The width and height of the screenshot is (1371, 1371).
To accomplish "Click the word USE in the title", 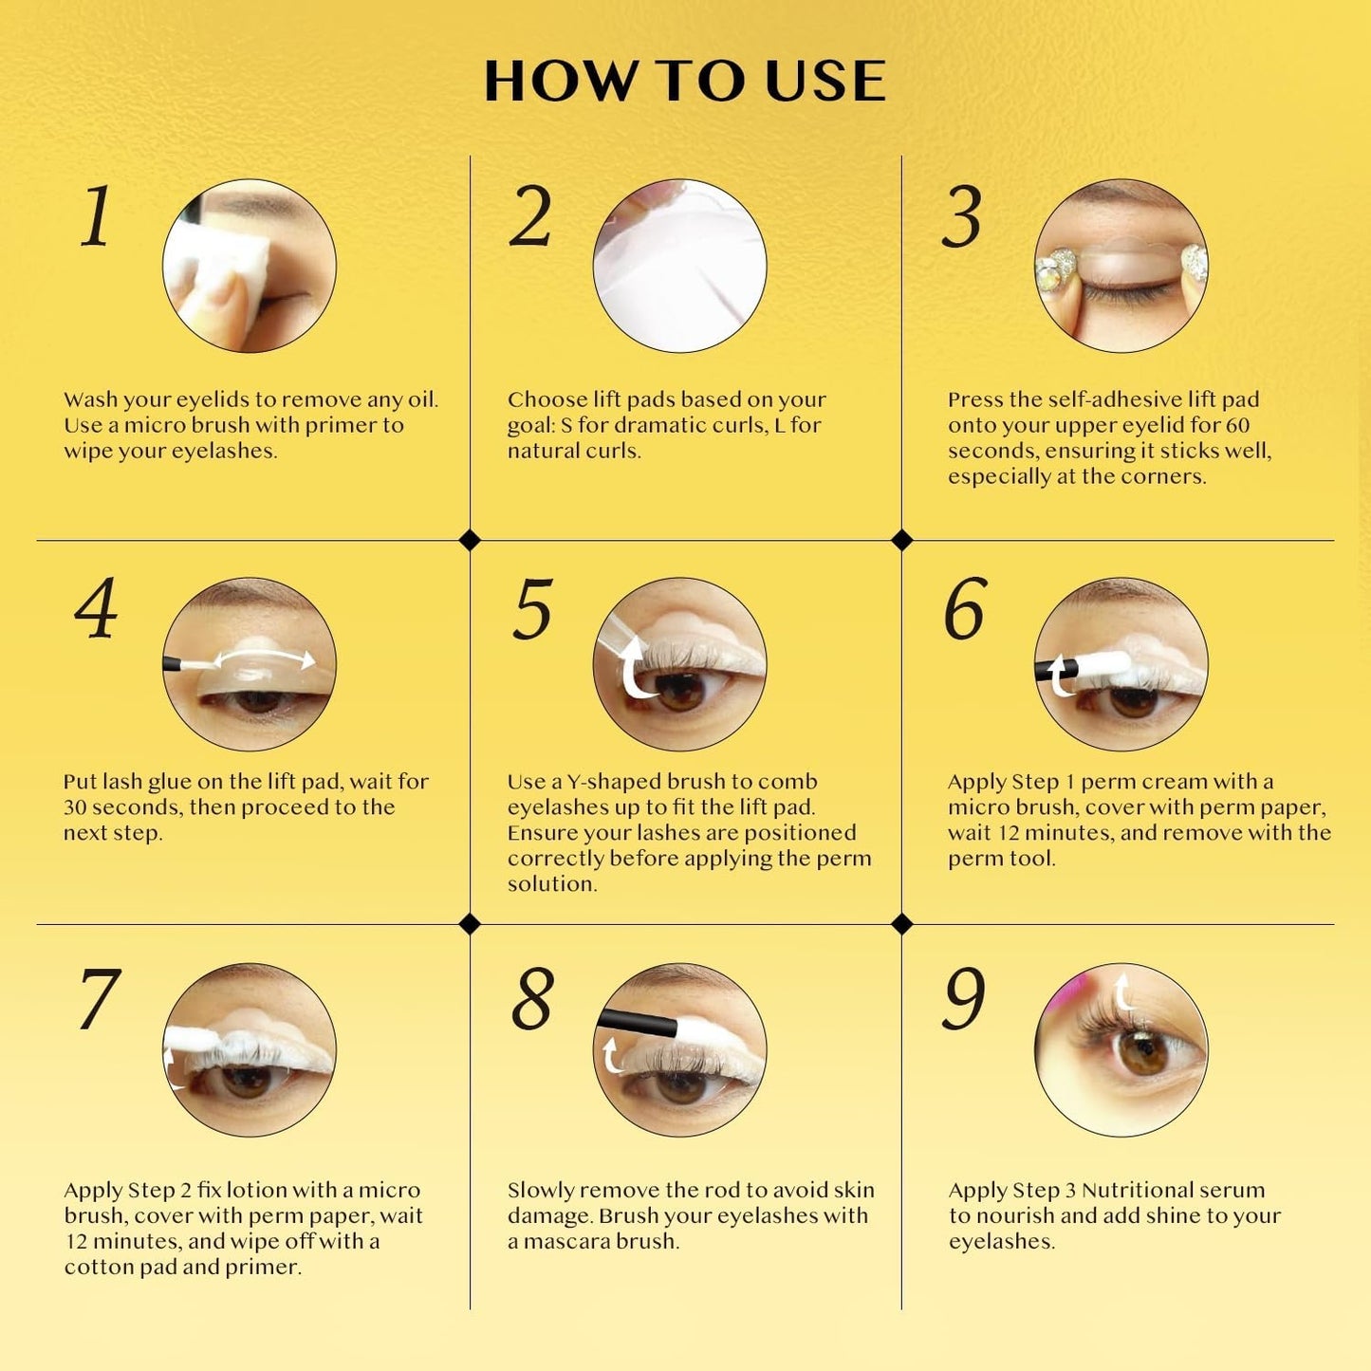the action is (x=825, y=81).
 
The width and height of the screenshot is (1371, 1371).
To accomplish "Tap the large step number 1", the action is (x=97, y=216).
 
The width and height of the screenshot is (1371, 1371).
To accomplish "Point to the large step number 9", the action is (x=964, y=998).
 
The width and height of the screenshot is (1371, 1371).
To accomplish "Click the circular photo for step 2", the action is (x=679, y=266).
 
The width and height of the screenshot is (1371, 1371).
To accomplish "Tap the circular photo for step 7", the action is (x=249, y=1049).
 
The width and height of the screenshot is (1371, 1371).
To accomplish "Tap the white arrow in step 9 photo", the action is (x=1125, y=991).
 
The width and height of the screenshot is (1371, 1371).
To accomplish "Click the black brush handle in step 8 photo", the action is (x=637, y=1023).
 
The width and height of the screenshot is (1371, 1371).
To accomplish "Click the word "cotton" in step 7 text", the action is (x=99, y=1268).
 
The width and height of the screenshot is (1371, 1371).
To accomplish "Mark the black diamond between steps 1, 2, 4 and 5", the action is (x=470, y=540).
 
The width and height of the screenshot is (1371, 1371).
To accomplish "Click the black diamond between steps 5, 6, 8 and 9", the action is (x=901, y=924).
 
